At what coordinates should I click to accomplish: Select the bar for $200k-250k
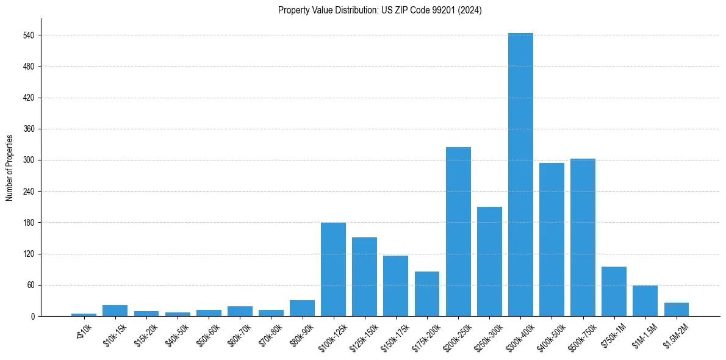[x=458, y=232]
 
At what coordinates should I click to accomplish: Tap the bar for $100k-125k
[x=333, y=270]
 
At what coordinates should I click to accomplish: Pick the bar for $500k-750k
[x=583, y=237]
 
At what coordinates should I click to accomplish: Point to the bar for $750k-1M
[x=614, y=292]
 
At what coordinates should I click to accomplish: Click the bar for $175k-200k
[x=427, y=294]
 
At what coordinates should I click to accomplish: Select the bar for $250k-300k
[x=489, y=262]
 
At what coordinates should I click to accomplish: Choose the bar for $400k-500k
[x=552, y=240]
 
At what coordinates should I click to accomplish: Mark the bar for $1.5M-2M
[x=676, y=309]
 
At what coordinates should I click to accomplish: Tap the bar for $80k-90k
[x=302, y=308]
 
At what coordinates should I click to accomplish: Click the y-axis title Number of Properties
[x=10, y=168]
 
